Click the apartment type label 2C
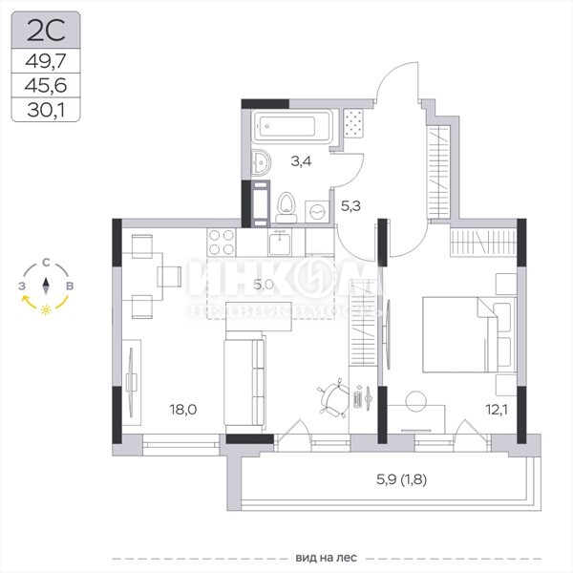tap(46, 31)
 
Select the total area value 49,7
tap(46, 61)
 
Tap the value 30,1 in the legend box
tap(46, 110)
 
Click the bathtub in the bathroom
tap(292, 126)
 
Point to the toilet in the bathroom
tap(286, 207)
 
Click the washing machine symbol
tap(317, 211)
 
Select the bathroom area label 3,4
tap(301, 161)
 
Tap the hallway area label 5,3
tap(350, 206)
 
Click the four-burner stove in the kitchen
tap(222, 242)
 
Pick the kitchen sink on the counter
tap(280, 243)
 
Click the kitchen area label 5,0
tap(264, 284)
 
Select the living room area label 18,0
tap(183, 410)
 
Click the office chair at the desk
tap(333, 398)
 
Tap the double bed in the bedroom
tap(470, 334)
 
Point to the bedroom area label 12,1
tap(497, 410)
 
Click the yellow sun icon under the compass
tap(46, 309)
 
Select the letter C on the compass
tap(46, 263)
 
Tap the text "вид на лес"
tap(326, 558)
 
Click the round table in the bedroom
tap(415, 401)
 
